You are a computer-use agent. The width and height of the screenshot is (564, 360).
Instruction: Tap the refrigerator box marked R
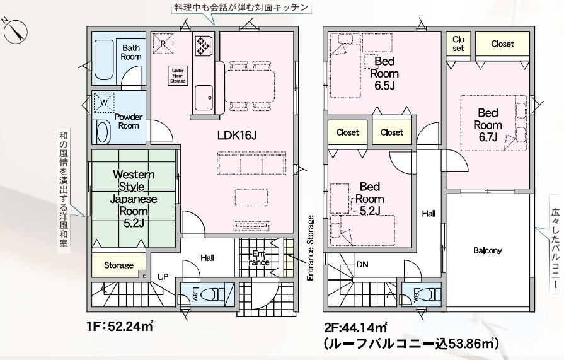point(163,44)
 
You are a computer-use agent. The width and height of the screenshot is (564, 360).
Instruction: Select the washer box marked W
point(104,103)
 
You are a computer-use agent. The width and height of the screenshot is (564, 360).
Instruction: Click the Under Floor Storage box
point(178,76)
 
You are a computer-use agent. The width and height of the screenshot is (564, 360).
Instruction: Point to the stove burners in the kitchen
point(202,46)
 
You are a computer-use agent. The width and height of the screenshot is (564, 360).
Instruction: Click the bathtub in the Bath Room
point(104,60)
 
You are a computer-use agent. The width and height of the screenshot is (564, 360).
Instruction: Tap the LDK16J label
point(237,136)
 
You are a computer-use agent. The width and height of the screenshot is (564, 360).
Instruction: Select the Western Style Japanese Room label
point(134,199)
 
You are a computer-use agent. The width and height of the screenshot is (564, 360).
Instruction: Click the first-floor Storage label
point(118,265)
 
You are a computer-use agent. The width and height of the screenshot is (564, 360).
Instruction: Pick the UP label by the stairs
point(163,277)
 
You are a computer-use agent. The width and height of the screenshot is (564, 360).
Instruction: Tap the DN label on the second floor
point(362,265)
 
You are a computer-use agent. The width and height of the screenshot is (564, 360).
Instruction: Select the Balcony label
point(487,250)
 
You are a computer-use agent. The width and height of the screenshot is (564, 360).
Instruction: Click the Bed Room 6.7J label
point(488,125)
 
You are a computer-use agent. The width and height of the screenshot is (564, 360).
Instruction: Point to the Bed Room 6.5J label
point(384,73)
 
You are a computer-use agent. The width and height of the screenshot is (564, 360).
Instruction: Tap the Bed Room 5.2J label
point(369,199)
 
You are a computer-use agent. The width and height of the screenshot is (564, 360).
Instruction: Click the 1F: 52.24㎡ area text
point(120,327)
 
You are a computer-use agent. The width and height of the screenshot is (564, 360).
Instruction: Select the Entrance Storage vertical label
point(311,248)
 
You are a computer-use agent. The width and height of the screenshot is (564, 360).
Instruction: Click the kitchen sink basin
point(204,98)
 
